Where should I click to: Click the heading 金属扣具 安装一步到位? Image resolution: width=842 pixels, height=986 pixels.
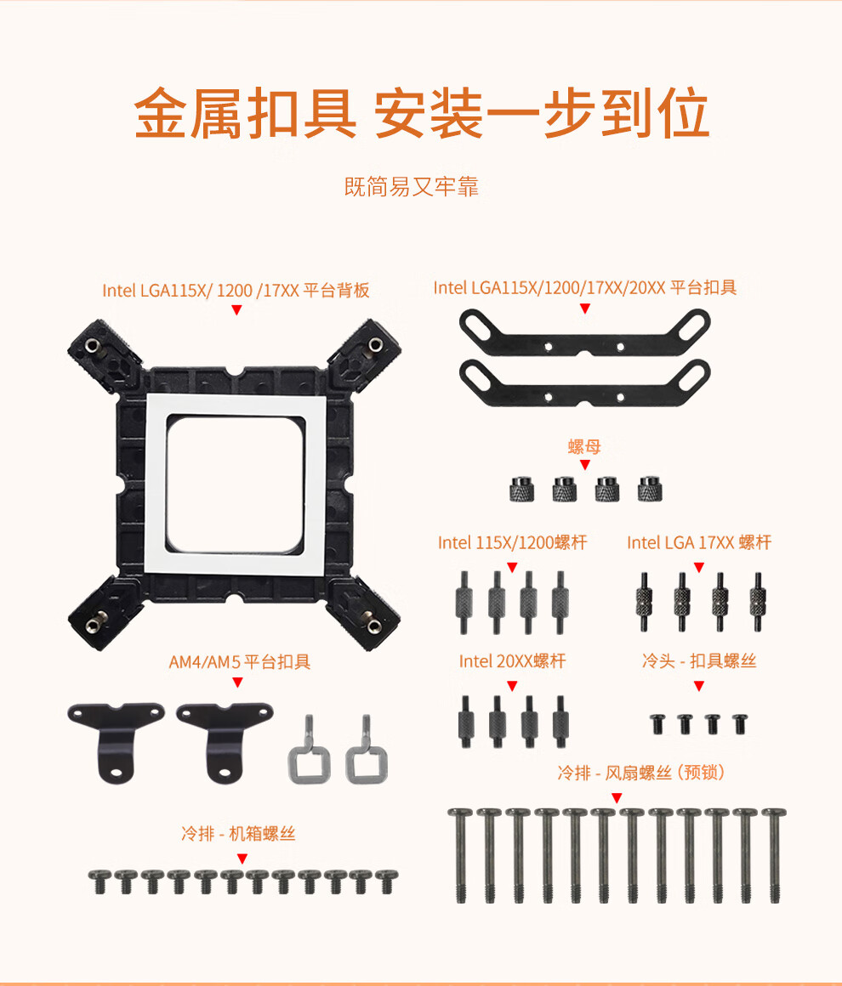point(422,113)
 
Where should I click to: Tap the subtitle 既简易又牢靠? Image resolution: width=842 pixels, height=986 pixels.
point(412,187)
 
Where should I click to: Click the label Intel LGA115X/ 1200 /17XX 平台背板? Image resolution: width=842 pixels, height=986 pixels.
point(236,290)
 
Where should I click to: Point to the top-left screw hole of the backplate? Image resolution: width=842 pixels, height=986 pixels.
point(93,344)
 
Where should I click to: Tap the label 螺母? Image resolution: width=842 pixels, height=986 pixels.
point(584,446)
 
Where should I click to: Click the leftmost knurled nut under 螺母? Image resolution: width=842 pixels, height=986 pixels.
point(521,489)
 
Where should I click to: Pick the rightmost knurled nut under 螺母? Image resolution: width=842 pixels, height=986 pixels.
point(650,489)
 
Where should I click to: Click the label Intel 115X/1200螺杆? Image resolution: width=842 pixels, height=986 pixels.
point(512,542)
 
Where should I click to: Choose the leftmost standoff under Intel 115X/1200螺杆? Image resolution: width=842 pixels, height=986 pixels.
point(464,602)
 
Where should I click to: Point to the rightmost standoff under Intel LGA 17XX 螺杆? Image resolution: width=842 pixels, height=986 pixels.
point(758,601)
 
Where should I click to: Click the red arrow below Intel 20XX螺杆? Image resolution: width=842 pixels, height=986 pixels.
point(512,686)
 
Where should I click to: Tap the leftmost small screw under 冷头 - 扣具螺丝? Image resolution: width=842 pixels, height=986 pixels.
point(657,724)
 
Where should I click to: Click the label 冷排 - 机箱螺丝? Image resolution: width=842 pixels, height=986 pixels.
point(238,834)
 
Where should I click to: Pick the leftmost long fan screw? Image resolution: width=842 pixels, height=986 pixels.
point(460,856)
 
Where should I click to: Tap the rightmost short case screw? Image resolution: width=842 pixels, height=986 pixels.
point(386,881)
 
